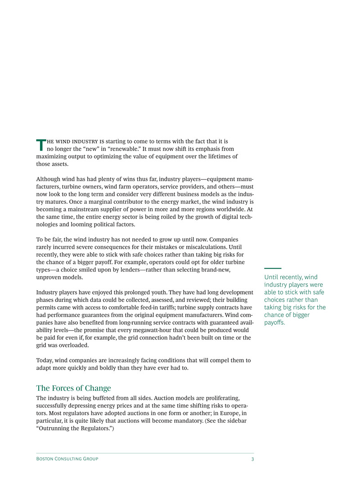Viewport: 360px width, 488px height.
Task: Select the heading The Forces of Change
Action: pos(73,388)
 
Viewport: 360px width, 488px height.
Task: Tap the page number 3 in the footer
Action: pos(252,459)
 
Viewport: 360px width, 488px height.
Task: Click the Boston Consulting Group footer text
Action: pos(67,459)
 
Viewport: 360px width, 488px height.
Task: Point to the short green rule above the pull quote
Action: pos(273,268)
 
